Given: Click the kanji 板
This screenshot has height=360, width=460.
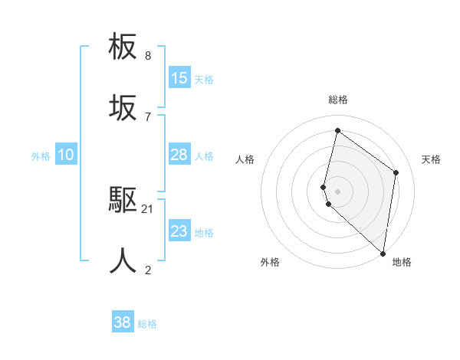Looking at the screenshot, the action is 123,47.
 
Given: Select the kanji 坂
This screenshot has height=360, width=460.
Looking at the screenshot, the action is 123,109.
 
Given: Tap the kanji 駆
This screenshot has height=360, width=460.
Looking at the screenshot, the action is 123,200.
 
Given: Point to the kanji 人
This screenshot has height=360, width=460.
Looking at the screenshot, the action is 123,260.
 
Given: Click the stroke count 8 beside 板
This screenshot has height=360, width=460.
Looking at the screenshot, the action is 148,56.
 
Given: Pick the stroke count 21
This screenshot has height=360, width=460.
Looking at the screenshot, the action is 148,208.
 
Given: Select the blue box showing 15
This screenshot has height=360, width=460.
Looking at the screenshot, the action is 179,78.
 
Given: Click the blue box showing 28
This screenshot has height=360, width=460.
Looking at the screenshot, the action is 179,155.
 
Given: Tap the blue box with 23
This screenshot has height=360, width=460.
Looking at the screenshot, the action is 179,231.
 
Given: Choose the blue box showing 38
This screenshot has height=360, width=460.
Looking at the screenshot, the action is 123,322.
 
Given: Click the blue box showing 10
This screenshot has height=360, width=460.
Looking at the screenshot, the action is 66,155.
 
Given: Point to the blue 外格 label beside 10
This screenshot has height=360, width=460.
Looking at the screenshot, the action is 41,155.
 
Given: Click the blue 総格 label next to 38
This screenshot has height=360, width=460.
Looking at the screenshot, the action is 147,324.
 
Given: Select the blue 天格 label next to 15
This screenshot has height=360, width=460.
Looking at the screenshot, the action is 204,79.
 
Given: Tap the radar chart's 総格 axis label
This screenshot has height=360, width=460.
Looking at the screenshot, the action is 337,100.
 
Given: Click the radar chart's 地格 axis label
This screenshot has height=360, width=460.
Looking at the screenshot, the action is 402,262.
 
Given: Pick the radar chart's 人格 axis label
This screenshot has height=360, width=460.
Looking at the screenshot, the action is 245,159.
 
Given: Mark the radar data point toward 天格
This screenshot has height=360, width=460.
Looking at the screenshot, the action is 396,172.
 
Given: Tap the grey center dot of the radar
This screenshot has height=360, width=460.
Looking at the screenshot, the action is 337,191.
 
